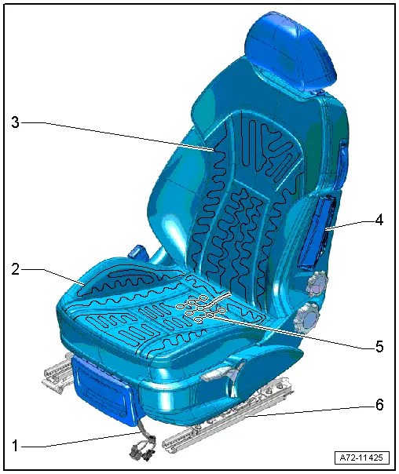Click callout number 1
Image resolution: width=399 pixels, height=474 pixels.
[15, 445]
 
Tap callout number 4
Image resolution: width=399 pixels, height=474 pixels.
[379, 221]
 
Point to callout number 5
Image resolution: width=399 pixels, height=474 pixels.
[379, 346]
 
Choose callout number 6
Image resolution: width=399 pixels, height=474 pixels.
[379, 406]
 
